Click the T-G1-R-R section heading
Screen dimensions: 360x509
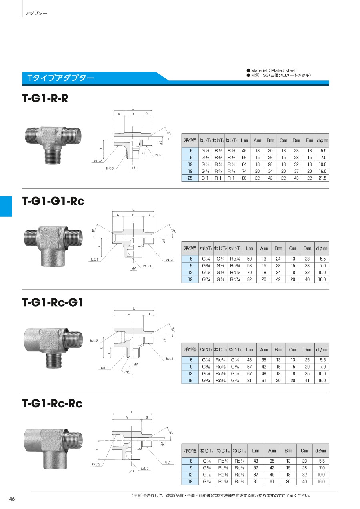pyautogui.click(x=45, y=98)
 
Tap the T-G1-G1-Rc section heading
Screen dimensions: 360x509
pyautogui.click(x=53, y=201)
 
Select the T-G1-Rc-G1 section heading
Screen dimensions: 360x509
pyautogui.click(x=53, y=302)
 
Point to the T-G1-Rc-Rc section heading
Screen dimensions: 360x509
pyautogui.click(x=52, y=403)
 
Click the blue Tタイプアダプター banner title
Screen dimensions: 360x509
pyautogui.click(x=60, y=78)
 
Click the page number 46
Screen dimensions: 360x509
pyautogui.click(x=12, y=499)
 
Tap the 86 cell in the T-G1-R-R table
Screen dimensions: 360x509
pyautogui.click(x=244, y=178)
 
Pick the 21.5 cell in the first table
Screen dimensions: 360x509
pyautogui.click(x=322, y=178)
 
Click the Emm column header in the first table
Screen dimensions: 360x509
pyautogui.click(x=309, y=140)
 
